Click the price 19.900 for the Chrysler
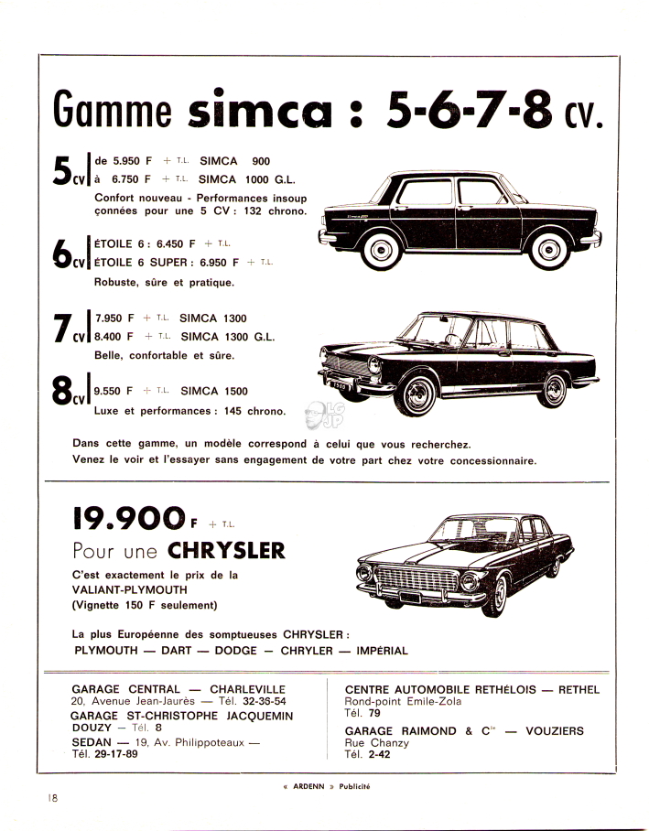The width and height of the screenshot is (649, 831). [129, 518]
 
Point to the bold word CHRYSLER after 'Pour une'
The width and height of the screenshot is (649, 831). [227, 551]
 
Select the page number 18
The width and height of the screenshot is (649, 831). [54, 798]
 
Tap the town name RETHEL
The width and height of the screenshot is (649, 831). [579, 689]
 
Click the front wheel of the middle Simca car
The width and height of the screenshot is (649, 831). [422, 393]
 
